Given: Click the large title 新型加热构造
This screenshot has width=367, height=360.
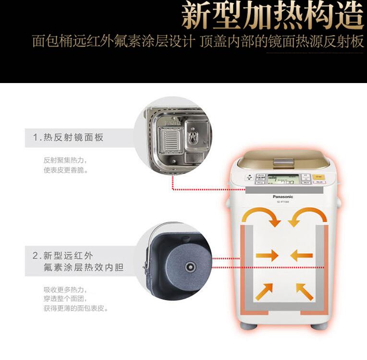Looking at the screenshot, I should coord(272,16).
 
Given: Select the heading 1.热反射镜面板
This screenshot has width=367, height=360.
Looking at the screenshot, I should coord(68,138).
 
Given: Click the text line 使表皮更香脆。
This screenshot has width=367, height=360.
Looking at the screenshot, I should coord(66,170).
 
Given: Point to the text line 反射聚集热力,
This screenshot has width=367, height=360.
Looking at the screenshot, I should coord(66,160).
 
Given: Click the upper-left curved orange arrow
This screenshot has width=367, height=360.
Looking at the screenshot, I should coord(261,216).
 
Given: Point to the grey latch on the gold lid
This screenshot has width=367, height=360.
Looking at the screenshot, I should coord(282,162).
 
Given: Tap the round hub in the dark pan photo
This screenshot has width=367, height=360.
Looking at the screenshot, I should coord(187,265).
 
